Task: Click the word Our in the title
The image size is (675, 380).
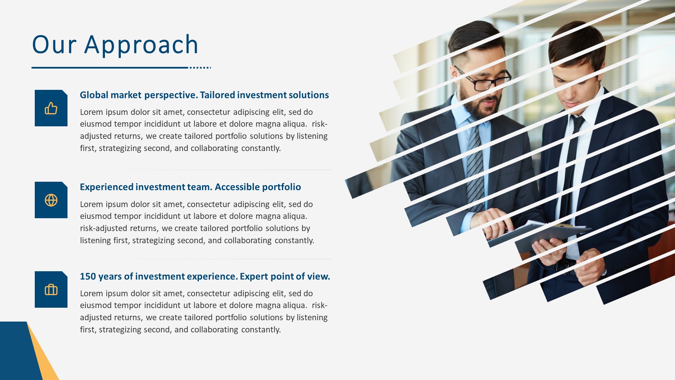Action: tap(54, 45)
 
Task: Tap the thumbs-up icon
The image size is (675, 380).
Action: tap(51, 108)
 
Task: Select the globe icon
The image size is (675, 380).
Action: tap(51, 200)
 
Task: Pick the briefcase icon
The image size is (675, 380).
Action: tap(51, 289)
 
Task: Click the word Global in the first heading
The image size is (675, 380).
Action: tap(94, 95)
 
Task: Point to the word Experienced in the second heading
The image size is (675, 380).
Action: tap(107, 187)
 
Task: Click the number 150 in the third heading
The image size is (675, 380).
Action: tap(88, 276)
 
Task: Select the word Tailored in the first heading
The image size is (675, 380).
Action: tap(217, 95)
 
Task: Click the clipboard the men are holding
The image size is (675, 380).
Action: tap(540, 233)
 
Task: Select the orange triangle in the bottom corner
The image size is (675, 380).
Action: tap(44, 358)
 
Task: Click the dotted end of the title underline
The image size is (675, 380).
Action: tap(200, 68)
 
